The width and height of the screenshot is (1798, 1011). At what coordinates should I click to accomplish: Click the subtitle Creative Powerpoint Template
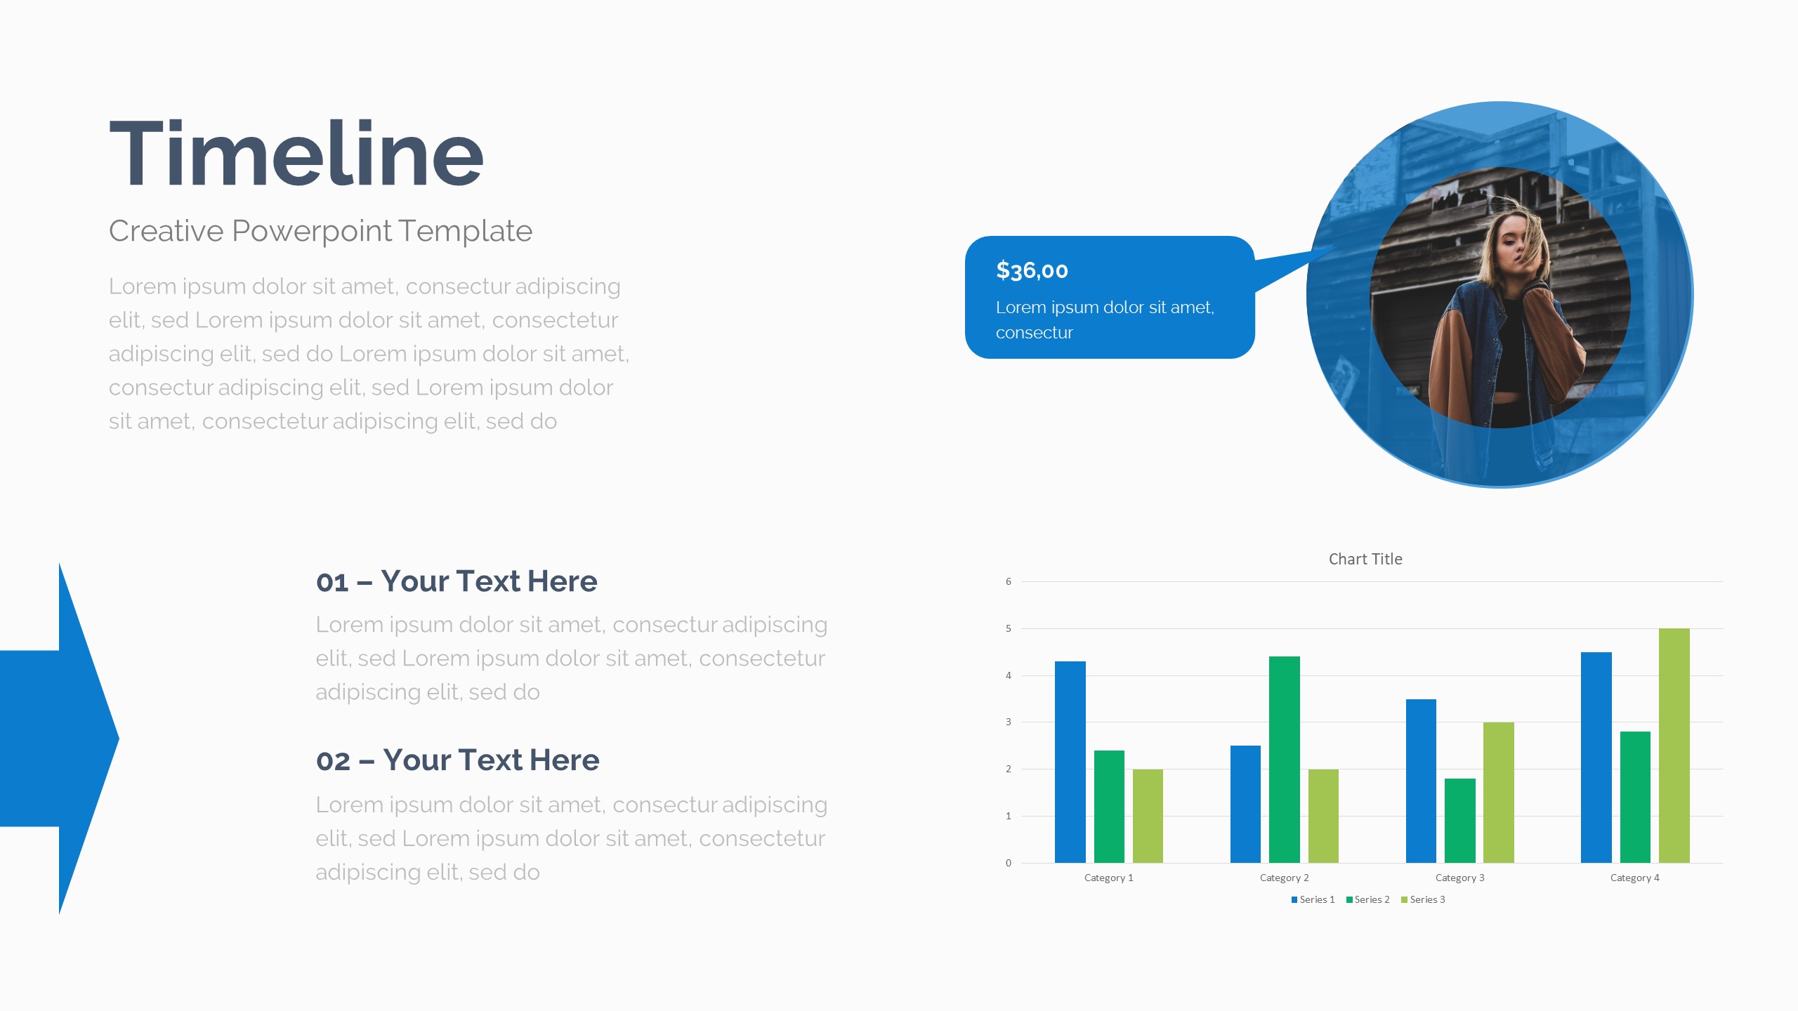click(x=320, y=231)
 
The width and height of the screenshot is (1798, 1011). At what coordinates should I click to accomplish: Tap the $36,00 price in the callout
click(x=1032, y=270)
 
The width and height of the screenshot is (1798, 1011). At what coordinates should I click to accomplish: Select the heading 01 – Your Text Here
click(x=457, y=581)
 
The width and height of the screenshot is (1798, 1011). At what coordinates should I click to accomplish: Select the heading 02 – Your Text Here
click(x=457, y=760)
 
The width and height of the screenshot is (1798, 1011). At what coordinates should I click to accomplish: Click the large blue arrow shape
click(x=59, y=739)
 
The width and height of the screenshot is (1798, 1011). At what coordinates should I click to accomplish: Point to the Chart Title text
click(x=1365, y=559)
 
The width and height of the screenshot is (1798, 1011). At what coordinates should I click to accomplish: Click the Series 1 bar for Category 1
click(x=1070, y=762)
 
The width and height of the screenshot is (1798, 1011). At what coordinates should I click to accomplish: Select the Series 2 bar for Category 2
click(x=1284, y=760)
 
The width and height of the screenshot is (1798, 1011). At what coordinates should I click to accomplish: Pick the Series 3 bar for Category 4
click(x=1674, y=746)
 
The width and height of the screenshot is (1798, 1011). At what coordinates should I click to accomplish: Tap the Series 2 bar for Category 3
click(x=1459, y=821)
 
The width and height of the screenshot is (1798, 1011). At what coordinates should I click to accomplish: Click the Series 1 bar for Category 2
click(x=1245, y=804)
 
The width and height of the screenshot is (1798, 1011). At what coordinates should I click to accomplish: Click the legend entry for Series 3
click(x=1423, y=899)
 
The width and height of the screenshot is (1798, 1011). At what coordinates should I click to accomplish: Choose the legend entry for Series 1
click(x=1313, y=899)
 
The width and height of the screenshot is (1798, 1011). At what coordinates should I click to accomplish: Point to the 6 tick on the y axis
click(x=1009, y=581)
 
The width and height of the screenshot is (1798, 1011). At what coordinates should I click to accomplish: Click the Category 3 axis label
click(x=1459, y=878)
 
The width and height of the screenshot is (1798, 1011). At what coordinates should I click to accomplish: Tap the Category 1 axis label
click(x=1108, y=878)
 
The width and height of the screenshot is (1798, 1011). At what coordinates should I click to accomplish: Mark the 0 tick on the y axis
click(x=1009, y=863)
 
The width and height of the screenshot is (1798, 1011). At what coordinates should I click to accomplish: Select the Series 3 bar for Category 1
click(x=1148, y=816)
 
